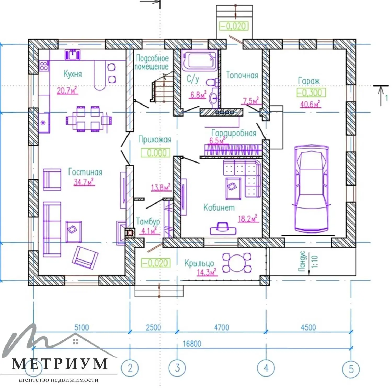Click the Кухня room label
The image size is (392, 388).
pyautogui.click(x=73, y=74)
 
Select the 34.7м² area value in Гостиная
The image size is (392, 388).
pyautogui.click(x=84, y=182)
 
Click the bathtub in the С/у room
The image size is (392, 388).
pyautogui.click(x=200, y=61)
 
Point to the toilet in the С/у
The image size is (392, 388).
pyautogui.click(x=212, y=83)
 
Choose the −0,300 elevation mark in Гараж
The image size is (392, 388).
pyautogui.click(x=311, y=92)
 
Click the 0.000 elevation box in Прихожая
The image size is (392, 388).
pyautogui.click(x=156, y=153)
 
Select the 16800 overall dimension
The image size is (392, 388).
pyautogui.click(x=192, y=344)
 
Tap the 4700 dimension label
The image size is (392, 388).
pyautogui.click(x=221, y=327)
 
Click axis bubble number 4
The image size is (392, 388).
pyautogui.click(x=266, y=368)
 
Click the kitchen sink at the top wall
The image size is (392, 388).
pyautogui.click(x=73, y=55)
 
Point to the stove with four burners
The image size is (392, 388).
pyautogui.click(x=44, y=66)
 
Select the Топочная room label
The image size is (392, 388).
pyautogui.click(x=242, y=75)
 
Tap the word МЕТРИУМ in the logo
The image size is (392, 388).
pyautogui.click(x=60, y=364)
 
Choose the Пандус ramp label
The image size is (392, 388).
pyautogui.click(x=302, y=261)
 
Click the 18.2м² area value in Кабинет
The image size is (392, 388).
pyautogui.click(x=247, y=218)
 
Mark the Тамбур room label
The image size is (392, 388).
pyautogui.click(x=148, y=222)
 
